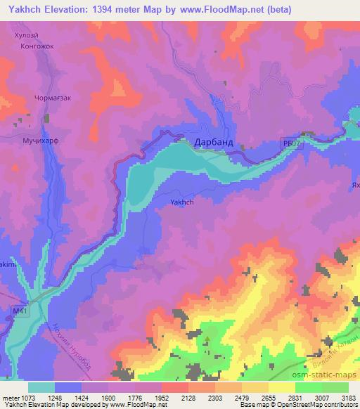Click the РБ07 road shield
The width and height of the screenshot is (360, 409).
[x=290, y=142]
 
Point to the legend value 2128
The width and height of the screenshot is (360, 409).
[x=187, y=398]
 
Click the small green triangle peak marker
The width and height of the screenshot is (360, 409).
[x=207, y=343]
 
